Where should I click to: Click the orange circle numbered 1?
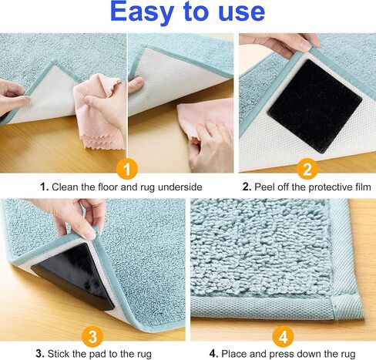127,169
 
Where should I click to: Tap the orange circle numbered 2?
307,169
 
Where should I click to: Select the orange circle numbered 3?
92,336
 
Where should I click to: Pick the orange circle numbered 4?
283,336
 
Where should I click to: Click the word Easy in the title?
142,12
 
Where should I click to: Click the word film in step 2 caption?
363,187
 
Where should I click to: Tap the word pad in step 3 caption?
96,355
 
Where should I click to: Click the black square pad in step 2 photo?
314,106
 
